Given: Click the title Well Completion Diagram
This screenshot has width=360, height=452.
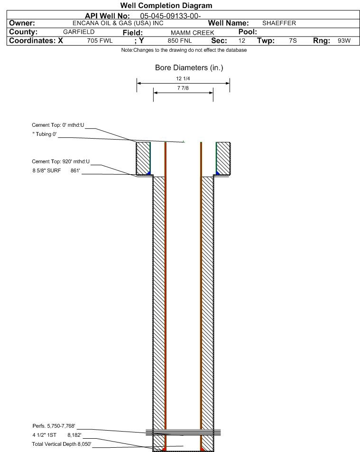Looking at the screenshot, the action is [166, 6].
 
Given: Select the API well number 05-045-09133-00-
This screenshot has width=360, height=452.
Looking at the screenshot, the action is [170, 16].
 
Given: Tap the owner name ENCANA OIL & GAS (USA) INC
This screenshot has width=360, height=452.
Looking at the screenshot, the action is [118, 23].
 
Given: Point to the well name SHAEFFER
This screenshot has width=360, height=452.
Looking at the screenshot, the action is [279, 23].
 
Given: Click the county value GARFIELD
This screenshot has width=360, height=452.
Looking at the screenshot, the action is [79, 32].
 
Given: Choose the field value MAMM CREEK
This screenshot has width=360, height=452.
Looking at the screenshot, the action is [193, 33].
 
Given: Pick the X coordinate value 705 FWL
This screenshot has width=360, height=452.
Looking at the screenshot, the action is [100, 41].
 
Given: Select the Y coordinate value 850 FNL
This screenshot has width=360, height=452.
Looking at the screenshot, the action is [180, 41].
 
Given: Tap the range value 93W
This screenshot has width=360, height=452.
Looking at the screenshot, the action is [344, 41].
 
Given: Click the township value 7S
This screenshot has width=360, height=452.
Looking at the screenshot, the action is [293, 41].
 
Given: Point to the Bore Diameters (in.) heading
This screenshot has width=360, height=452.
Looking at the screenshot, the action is [189, 68].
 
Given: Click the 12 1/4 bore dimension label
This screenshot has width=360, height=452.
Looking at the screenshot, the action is [183, 78].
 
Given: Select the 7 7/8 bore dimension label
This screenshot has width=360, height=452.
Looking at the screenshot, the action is [183, 88].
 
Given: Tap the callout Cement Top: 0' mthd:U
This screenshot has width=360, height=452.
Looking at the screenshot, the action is [58, 125].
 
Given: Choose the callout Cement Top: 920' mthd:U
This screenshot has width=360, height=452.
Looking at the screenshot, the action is [61, 161].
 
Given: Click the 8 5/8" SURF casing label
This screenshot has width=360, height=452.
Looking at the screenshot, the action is [46, 170].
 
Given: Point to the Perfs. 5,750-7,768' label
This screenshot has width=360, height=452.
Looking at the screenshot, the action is [54, 426].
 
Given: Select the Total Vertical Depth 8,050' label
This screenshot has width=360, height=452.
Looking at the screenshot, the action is [62, 444].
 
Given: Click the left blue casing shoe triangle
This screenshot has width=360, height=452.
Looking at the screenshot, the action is [149, 173].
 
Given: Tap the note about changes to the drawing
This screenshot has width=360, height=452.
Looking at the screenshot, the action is [184, 50].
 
